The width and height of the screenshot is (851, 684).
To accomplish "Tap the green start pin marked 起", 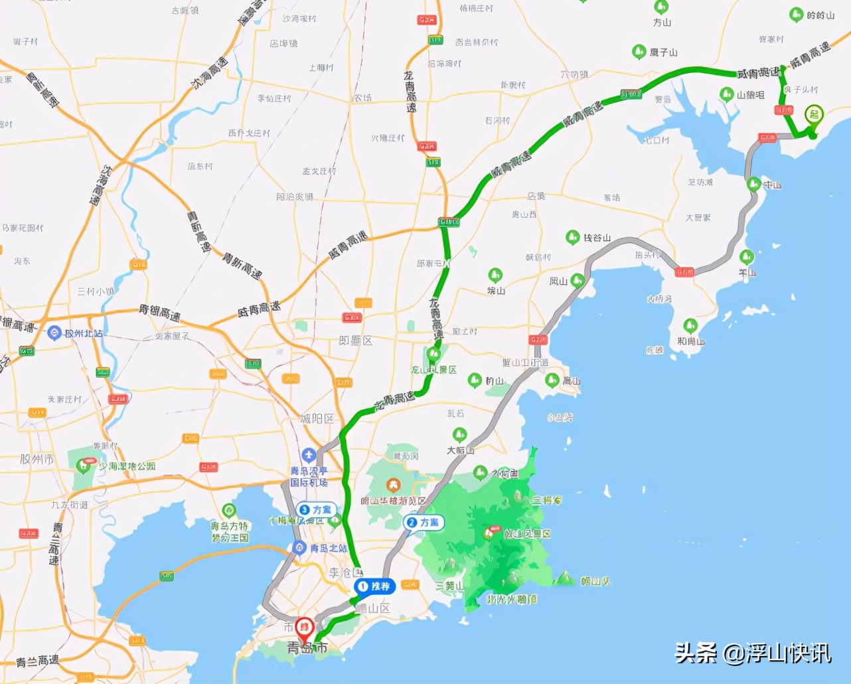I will (x=814, y=115).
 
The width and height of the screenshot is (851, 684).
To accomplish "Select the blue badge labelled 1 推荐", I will (x=375, y=586).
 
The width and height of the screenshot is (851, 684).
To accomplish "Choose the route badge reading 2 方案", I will (x=424, y=523).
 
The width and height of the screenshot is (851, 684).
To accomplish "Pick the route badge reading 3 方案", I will (x=316, y=509).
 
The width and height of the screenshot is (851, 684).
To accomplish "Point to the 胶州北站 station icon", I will (x=54, y=333).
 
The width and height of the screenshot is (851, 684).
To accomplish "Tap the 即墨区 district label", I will (x=356, y=341).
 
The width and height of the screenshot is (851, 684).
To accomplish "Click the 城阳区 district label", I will (x=317, y=419).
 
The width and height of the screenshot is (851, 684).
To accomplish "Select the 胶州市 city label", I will (x=37, y=460).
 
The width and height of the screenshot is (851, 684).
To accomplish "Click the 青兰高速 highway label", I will (x=37, y=661).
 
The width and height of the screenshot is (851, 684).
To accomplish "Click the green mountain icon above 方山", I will (x=661, y=8).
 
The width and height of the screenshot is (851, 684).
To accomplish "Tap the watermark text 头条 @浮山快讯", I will (x=753, y=653).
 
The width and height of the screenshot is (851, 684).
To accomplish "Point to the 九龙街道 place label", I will (x=69, y=505).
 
